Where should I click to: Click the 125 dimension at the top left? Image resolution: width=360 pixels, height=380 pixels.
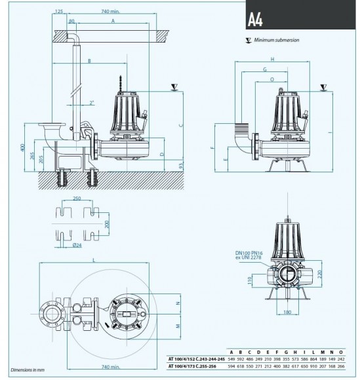[60, 11]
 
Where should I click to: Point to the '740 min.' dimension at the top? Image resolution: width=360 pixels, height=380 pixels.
[119, 11]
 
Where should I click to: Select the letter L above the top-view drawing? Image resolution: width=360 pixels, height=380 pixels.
[95, 261]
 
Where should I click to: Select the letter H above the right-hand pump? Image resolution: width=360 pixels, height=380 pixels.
[271, 58]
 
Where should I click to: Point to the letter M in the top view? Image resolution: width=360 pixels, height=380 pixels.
[178, 325]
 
